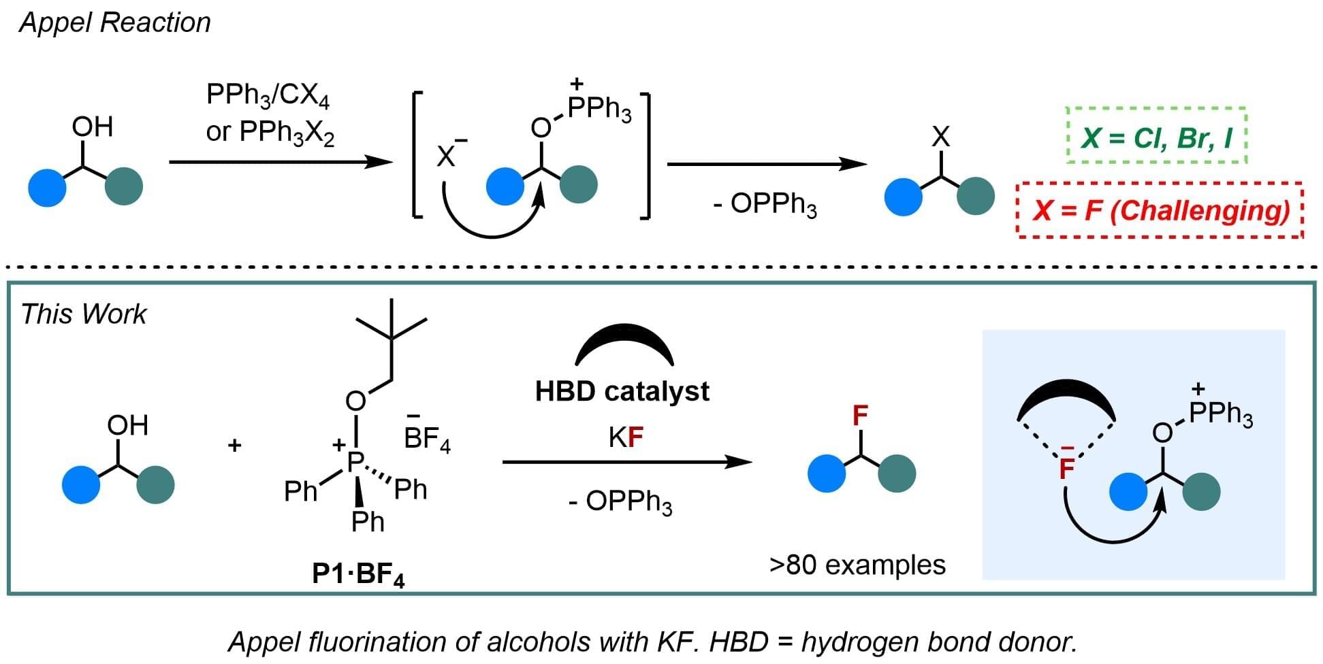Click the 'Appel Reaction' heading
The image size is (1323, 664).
click(x=115, y=23)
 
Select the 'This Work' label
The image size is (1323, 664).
click(x=84, y=314)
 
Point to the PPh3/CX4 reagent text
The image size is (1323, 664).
click(x=268, y=96)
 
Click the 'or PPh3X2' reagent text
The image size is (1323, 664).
click(x=270, y=132)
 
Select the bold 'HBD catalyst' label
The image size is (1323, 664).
click(x=622, y=391)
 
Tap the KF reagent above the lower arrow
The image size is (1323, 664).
click(x=626, y=438)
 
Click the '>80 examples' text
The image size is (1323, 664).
click(x=857, y=565)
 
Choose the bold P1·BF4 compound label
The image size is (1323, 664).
click(x=358, y=575)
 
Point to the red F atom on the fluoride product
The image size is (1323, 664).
click(x=861, y=415)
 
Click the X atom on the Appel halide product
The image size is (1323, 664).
click(x=940, y=137)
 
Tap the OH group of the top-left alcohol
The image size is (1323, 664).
click(x=92, y=127)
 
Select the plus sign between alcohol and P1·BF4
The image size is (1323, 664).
click(x=235, y=446)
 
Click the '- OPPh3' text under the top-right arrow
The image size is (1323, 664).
click(x=765, y=204)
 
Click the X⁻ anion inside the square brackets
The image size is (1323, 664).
click(x=448, y=153)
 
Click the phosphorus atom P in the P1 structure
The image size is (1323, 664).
click(x=355, y=461)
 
